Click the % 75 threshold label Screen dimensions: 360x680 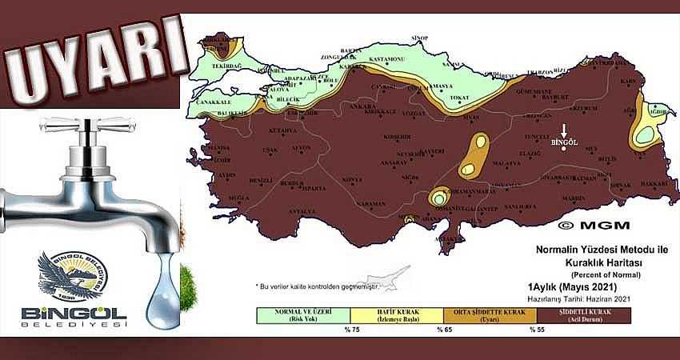tap(350, 329)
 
